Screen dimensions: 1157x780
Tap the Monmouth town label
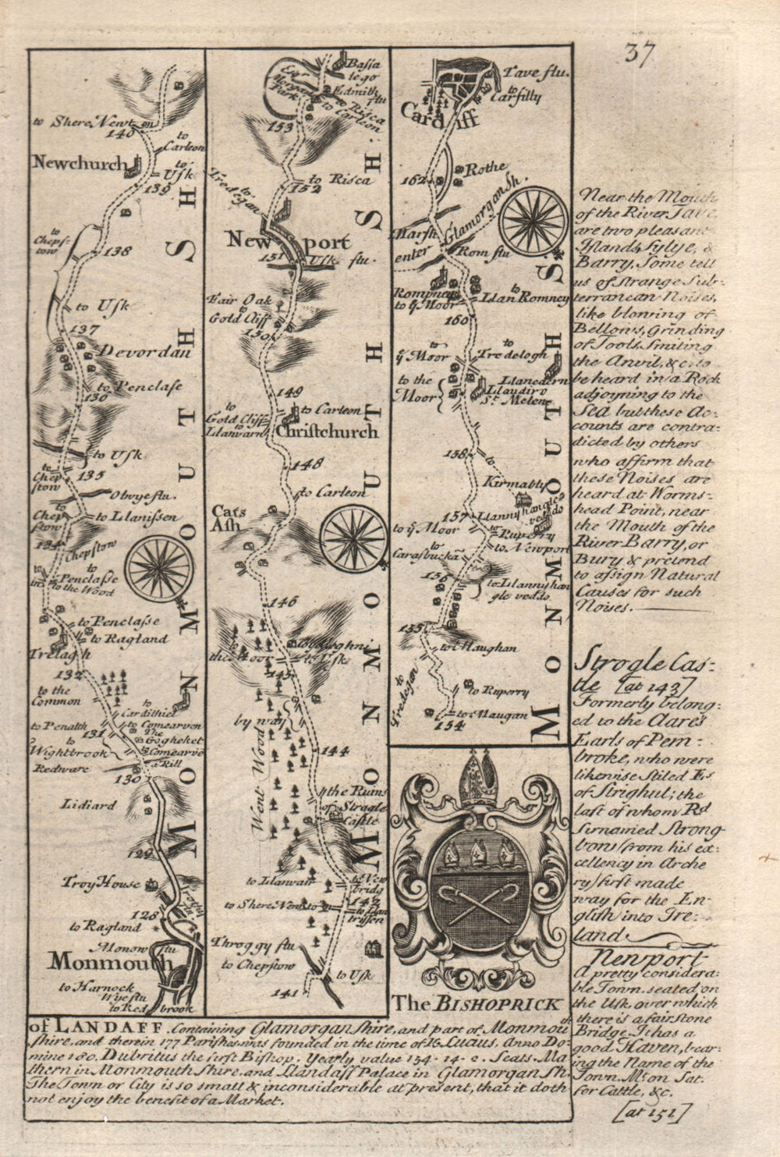108,962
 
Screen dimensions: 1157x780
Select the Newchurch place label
80,163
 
